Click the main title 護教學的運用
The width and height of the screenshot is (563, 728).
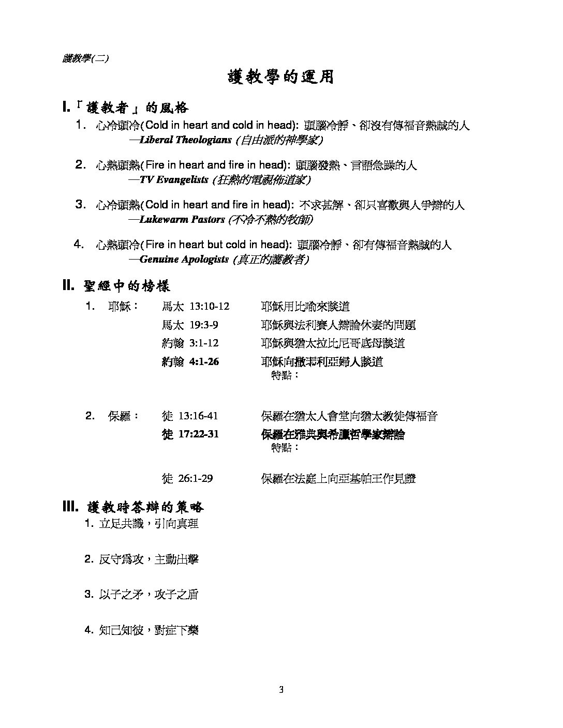click(x=281, y=77)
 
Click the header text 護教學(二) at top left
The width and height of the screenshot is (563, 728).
click(x=85, y=58)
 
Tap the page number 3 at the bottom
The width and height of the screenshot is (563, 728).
click(x=281, y=689)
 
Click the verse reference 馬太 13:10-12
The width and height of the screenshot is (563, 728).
click(x=196, y=306)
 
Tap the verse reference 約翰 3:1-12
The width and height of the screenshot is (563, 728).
click(x=190, y=343)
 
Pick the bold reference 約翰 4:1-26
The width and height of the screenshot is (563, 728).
click(x=190, y=361)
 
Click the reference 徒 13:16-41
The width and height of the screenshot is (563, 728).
click(x=190, y=416)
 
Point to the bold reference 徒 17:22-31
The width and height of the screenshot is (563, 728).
click(x=190, y=434)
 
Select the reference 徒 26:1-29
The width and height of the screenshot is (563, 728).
click(x=187, y=478)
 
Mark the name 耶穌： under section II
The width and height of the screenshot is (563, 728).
click(x=123, y=306)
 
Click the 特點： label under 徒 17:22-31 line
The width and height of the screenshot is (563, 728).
click(x=286, y=447)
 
